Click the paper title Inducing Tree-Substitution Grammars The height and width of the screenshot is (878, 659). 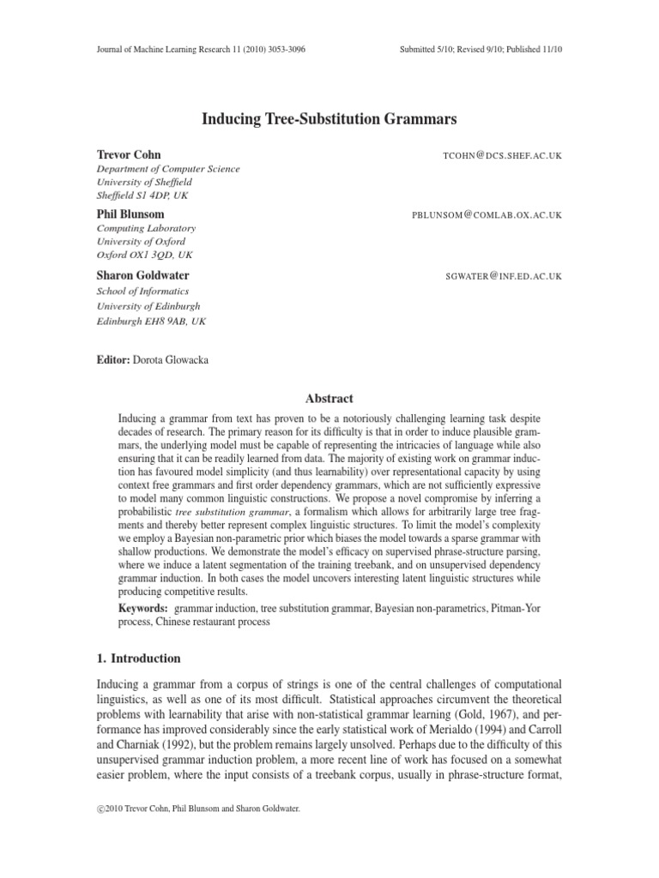tap(329, 117)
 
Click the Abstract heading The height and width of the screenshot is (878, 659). tap(329, 398)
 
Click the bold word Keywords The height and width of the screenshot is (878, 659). tap(142, 607)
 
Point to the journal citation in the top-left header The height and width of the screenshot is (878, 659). tap(200, 50)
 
